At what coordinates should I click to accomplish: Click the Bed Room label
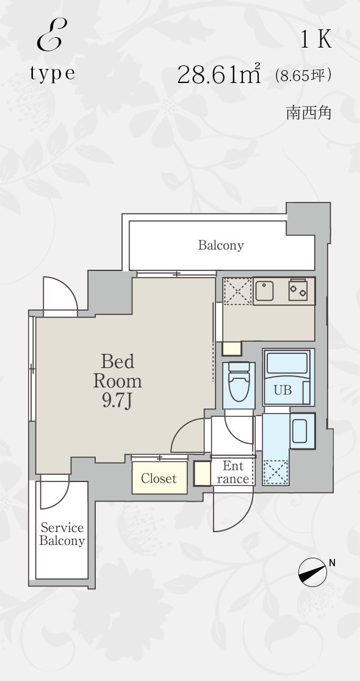click(118, 371)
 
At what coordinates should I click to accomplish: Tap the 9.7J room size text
click(117, 401)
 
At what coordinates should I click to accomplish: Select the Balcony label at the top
click(221, 245)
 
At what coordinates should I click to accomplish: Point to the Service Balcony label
click(62, 534)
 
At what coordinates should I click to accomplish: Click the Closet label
click(159, 478)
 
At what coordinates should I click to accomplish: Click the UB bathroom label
click(283, 391)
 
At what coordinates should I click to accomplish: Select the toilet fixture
click(238, 382)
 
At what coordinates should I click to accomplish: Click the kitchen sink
click(264, 291)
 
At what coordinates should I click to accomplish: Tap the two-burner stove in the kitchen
click(298, 290)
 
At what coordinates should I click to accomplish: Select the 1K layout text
click(316, 40)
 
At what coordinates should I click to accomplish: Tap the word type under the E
click(52, 73)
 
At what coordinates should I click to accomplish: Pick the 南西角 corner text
click(309, 113)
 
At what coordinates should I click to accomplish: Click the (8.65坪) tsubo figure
click(303, 76)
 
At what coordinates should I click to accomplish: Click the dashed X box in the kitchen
click(237, 292)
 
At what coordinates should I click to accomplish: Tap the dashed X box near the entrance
click(275, 472)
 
